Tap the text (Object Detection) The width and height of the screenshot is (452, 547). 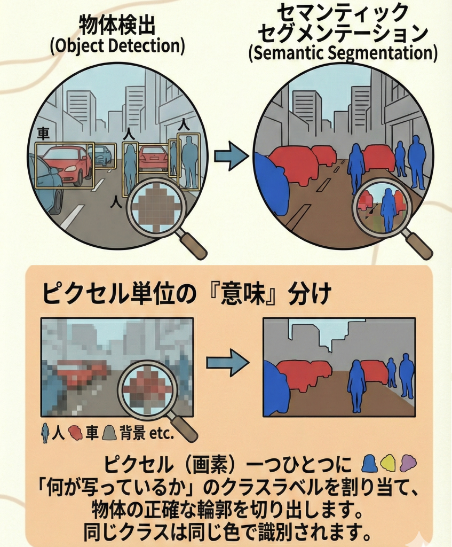point(117,46)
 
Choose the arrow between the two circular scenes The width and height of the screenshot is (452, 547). point(231,156)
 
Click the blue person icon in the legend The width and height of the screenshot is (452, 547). point(46,432)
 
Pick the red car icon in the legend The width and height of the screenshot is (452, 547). point(76,432)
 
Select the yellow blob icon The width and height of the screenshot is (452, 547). point(388,462)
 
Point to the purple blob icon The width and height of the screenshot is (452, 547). point(408,462)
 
